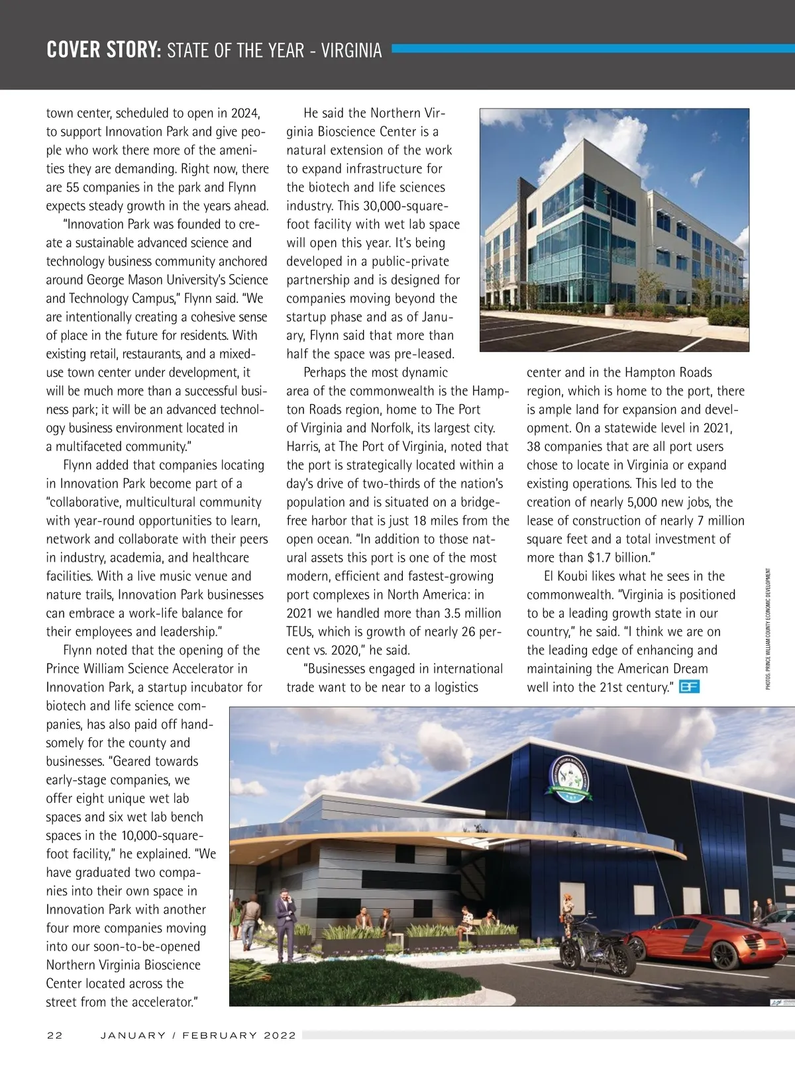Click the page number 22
[x=54, y=1035]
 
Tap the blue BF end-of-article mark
[x=690, y=687]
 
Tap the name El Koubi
[x=568, y=576]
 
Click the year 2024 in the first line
[x=245, y=113]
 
